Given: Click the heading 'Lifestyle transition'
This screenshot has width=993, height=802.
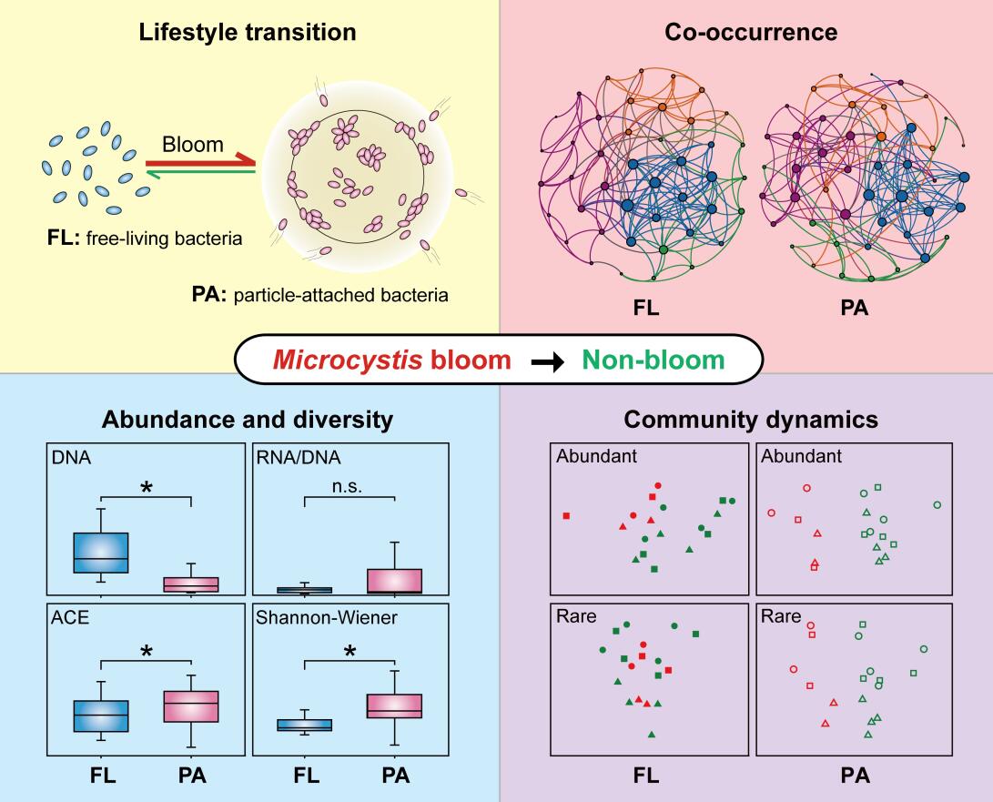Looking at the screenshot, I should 247,34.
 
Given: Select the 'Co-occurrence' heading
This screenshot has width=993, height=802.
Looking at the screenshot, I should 751,34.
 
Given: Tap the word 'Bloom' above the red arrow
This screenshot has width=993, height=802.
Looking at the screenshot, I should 193,145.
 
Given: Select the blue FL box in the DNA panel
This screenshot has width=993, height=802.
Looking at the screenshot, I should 100,553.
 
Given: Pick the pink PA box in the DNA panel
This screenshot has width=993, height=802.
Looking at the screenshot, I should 191,584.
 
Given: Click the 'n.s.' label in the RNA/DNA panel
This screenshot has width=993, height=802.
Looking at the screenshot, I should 349,485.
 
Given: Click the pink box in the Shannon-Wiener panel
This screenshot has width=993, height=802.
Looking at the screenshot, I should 395,706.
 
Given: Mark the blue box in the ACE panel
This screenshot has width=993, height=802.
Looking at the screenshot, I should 100,716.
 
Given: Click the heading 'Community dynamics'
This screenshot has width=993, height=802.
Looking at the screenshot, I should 751,420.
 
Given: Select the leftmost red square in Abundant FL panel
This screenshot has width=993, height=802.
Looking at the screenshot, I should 567,516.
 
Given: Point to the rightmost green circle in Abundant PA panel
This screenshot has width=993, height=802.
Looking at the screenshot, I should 937,504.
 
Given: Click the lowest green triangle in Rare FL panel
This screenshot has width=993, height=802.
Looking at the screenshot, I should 652,734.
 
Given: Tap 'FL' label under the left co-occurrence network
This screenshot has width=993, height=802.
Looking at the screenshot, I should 646,308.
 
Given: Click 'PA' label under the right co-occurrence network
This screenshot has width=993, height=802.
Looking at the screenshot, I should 855,308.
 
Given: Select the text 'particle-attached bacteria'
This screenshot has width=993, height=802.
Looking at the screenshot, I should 356,296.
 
